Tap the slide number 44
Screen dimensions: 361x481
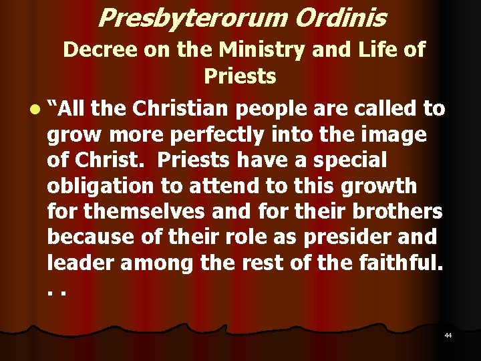point(448,334)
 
